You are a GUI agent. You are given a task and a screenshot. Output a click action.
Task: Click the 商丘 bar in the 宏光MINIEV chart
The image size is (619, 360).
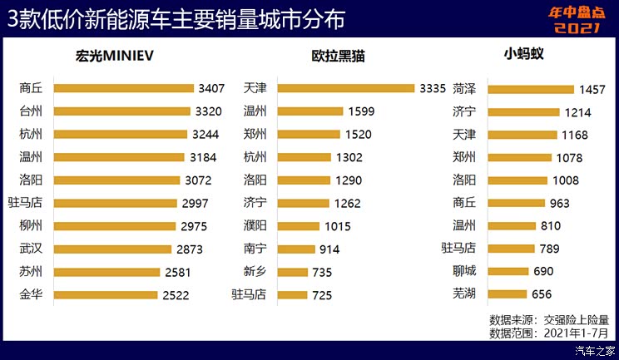click(x=125, y=87)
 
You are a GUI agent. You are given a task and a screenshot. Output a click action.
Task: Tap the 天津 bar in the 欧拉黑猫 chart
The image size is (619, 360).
click(x=344, y=87)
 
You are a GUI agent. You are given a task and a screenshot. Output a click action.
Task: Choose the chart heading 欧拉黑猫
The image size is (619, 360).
click(x=339, y=57)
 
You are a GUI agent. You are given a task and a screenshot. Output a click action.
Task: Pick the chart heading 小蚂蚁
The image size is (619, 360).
click(x=530, y=56)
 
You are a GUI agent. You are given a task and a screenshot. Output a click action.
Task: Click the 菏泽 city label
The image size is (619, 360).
click(x=465, y=88)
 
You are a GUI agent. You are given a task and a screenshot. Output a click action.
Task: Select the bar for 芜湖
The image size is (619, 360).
click(x=507, y=293)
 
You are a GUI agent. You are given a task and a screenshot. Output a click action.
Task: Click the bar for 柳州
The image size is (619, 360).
click(x=116, y=225)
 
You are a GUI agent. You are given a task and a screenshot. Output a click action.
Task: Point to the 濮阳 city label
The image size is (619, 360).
click(x=255, y=225)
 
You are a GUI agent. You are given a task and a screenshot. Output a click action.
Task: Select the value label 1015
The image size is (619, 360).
click(x=338, y=225)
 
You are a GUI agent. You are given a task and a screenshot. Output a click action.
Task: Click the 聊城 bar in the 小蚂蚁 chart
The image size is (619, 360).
click(x=508, y=271)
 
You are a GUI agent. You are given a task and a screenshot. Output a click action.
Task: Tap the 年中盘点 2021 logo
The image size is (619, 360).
click(x=575, y=20)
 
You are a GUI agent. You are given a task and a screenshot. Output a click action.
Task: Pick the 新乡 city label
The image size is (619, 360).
click(x=255, y=271)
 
